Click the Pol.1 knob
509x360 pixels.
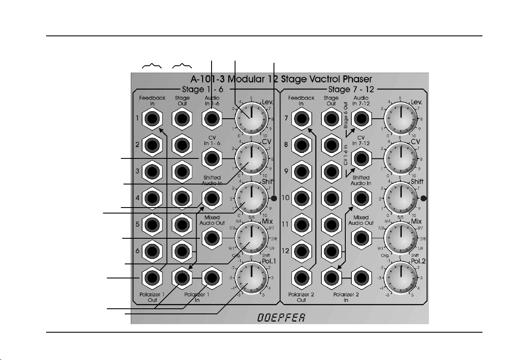pyautogui.click(x=252, y=278)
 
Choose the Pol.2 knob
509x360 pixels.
pyautogui.click(x=401, y=278)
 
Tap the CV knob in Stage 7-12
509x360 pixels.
pyautogui.click(x=401, y=158)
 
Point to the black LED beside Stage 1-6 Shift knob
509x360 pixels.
pyautogui.click(x=274, y=198)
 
